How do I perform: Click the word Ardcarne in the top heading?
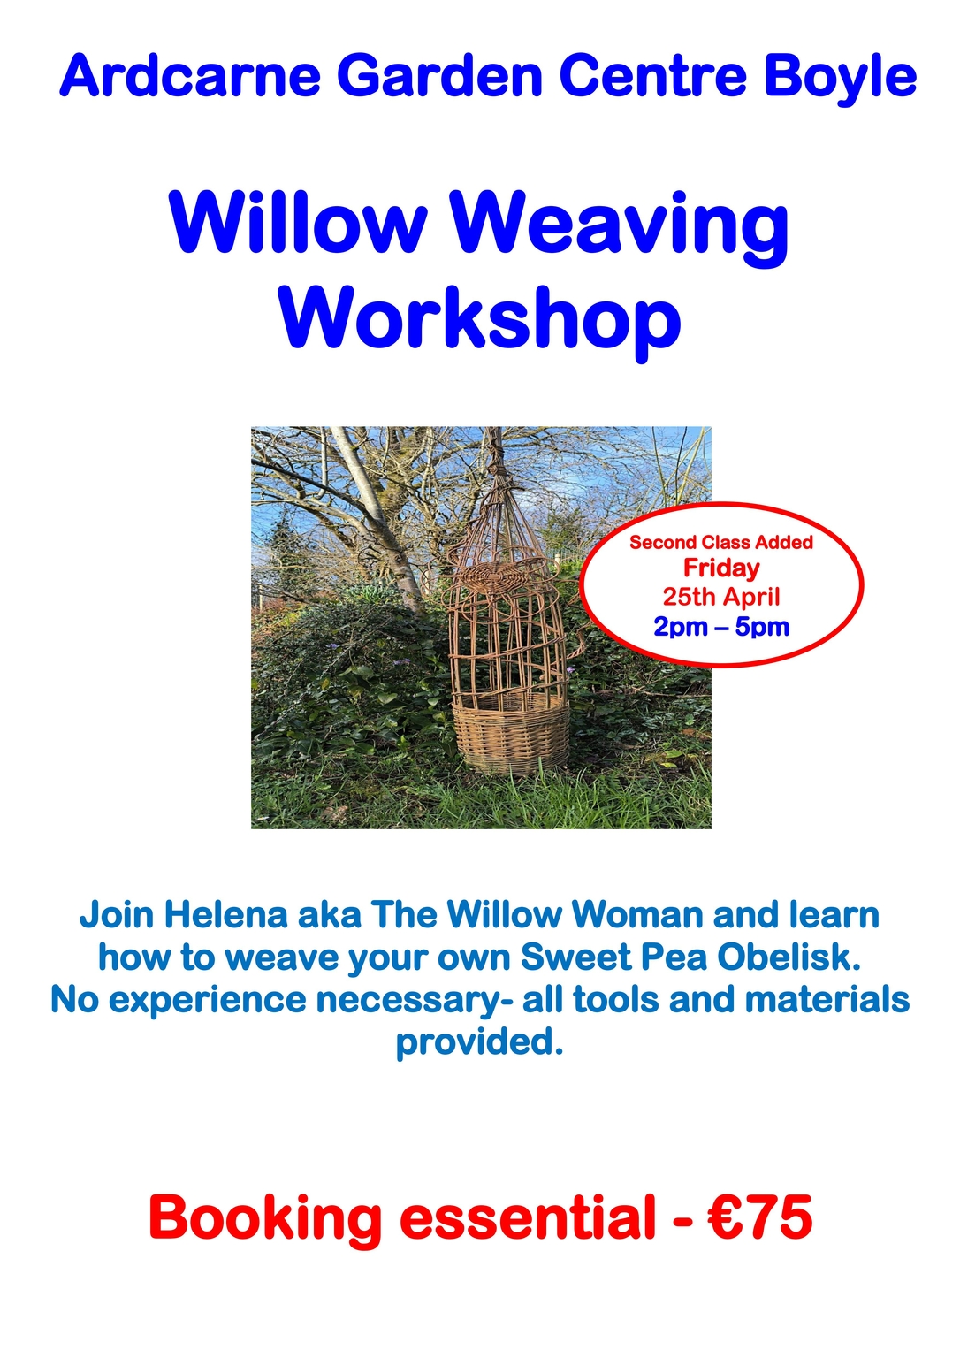tap(189, 76)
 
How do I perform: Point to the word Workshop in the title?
tap(480, 320)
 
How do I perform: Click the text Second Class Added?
tap(720, 542)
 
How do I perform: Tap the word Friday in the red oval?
tap(721, 568)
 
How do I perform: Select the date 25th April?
tap(721, 597)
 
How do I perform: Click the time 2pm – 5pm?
tap(721, 627)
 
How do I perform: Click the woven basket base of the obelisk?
tap(511, 734)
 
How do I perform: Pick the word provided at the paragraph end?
tap(478, 1041)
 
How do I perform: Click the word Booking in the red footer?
tap(265, 1218)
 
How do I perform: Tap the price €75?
tap(760, 1217)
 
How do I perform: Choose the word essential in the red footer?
tap(527, 1217)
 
